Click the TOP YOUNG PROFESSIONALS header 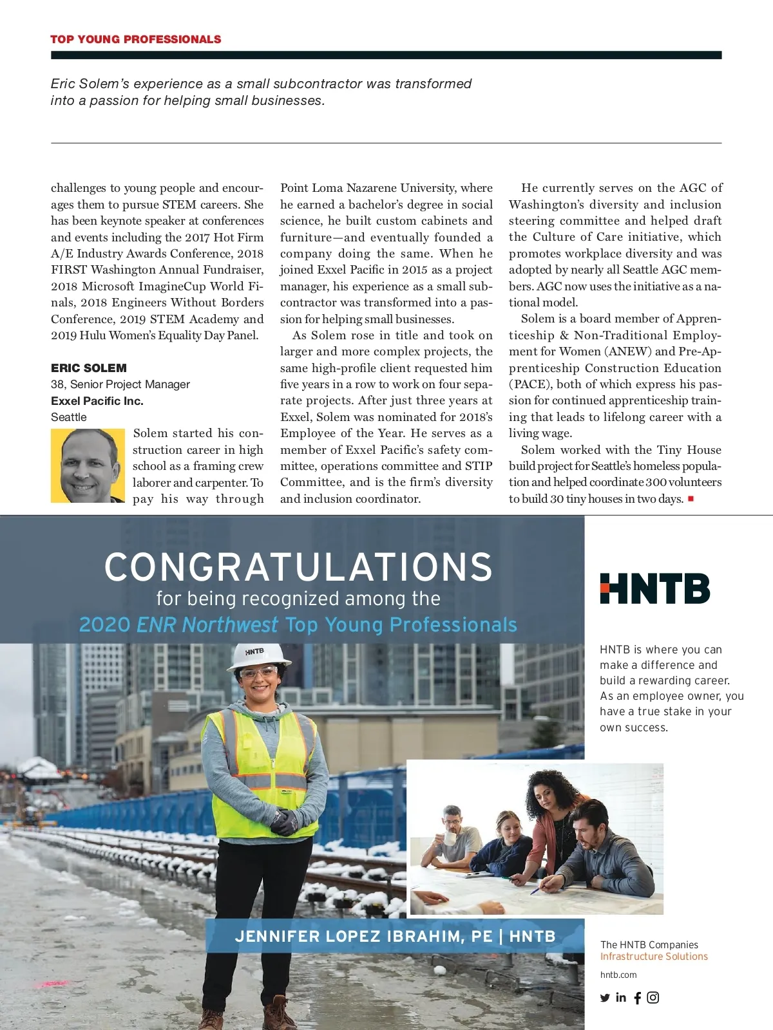[135, 39]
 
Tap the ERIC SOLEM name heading [89, 368]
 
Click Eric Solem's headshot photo [88, 465]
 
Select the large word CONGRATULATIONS [298, 567]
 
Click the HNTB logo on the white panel [654, 588]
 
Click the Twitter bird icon [605, 998]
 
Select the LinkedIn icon [621, 997]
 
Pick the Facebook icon [638, 998]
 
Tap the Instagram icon [653, 997]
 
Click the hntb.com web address [618, 975]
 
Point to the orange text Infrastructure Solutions [654, 957]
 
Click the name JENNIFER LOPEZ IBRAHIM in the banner [363, 936]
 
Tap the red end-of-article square [691, 498]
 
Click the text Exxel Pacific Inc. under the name [97, 401]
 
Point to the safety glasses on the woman [258, 673]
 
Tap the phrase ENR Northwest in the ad [207, 624]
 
